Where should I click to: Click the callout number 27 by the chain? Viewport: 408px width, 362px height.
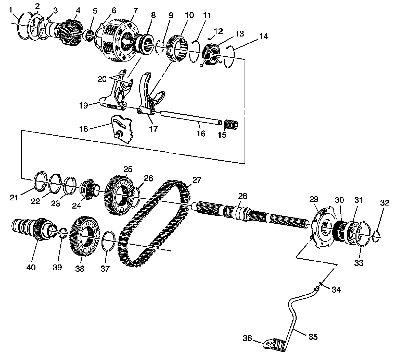point(197,180)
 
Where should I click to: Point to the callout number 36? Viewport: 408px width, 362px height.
point(247,339)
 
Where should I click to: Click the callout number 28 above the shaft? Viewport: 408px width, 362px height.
point(243,196)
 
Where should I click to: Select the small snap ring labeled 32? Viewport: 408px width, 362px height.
point(376,235)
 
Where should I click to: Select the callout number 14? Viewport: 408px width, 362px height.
point(263,37)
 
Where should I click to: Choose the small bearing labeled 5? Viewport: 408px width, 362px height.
point(89,35)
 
